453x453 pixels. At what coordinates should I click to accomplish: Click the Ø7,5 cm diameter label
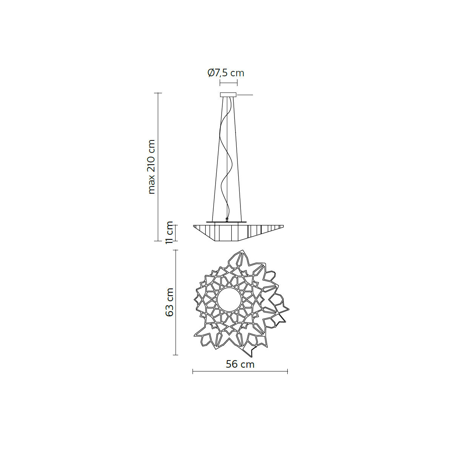tap(226, 73)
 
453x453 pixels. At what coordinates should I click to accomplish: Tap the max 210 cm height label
tap(151, 167)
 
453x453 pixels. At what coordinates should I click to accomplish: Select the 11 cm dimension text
tap(169, 233)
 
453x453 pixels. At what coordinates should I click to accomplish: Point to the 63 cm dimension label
tap(169, 302)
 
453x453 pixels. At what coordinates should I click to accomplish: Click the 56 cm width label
tap(240, 364)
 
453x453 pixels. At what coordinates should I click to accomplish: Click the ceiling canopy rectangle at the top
tap(228, 95)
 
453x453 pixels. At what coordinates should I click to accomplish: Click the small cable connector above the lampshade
tap(226, 220)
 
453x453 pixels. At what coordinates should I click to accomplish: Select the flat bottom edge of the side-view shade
tap(226, 241)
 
